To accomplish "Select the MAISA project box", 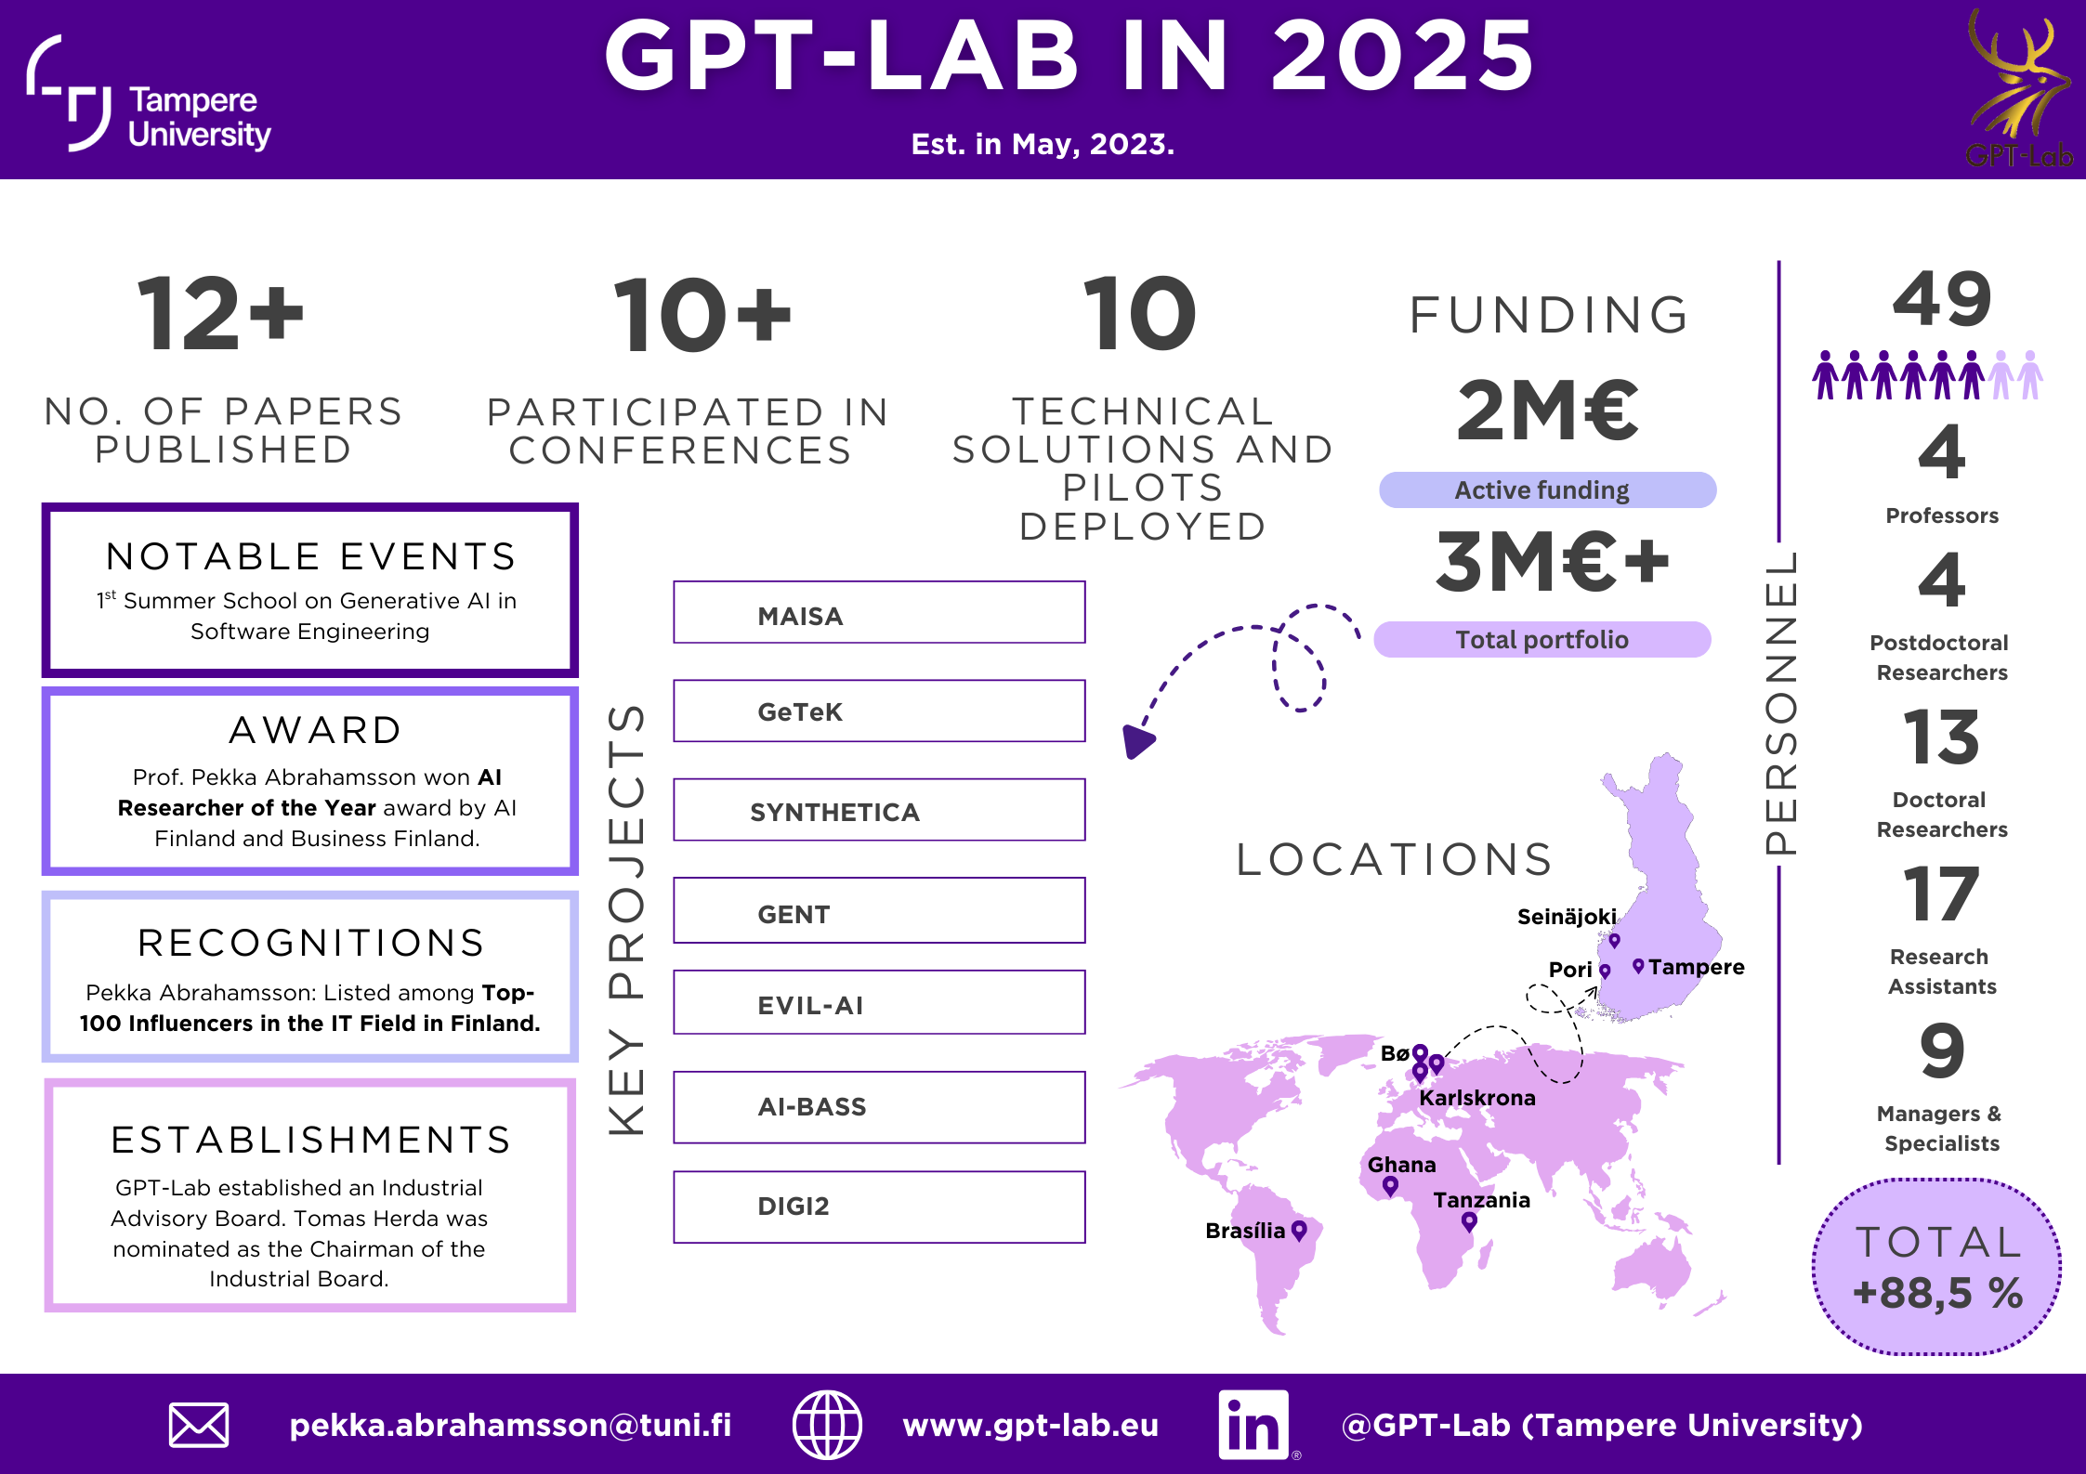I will tap(879, 613).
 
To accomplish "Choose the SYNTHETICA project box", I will tap(879, 810).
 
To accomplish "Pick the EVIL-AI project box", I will tap(879, 1002).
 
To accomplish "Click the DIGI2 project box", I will tap(879, 1207).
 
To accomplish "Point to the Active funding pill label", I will tap(1547, 490).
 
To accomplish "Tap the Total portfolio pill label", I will tap(1542, 640).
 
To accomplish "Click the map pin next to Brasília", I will tap(1299, 1231).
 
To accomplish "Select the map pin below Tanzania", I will tap(1469, 1221).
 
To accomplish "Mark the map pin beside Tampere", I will tap(1638, 966).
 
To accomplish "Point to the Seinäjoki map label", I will tap(1567, 917).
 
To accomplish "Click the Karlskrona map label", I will tap(1477, 1098).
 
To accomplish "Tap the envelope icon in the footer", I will tap(199, 1425).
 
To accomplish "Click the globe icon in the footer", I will tap(827, 1425).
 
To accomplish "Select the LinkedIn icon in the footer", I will tap(1253, 1425).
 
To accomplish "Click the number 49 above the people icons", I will tap(1942, 300).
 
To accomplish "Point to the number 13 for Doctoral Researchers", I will tap(1941, 737).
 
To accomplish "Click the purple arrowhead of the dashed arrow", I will tap(1137, 741).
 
